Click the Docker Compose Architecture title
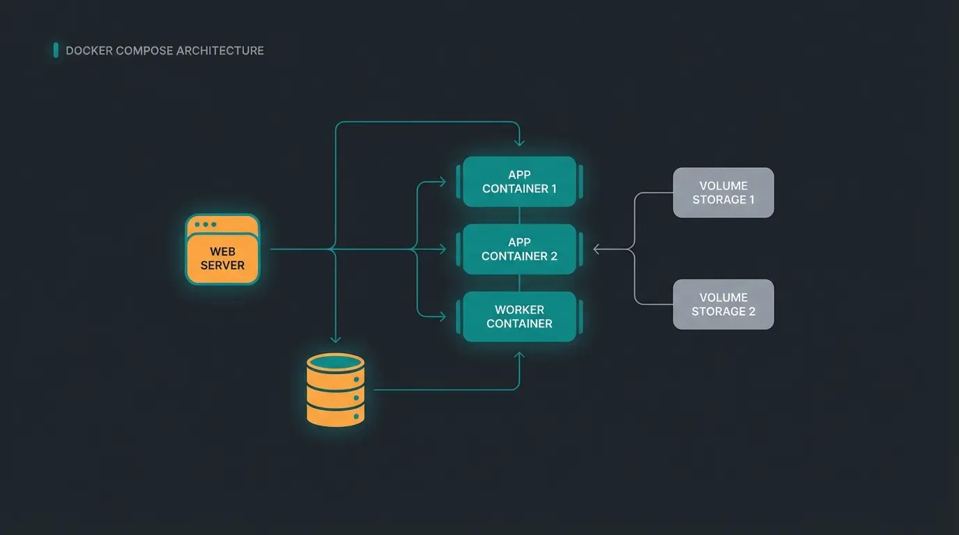[x=164, y=51]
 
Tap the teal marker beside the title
[x=56, y=50]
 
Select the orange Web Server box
[x=222, y=250]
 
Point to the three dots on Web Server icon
[x=206, y=224]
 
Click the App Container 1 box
[x=519, y=182]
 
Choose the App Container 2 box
[x=519, y=249]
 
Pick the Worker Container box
[x=519, y=317]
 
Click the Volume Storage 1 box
[x=723, y=193]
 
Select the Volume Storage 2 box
[x=723, y=304]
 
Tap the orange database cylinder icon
[x=336, y=390]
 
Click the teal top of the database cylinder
[x=336, y=362]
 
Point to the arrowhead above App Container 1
[x=519, y=142]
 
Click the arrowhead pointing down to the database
[x=335, y=339]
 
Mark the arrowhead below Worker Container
[x=519, y=356]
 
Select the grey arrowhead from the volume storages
[x=597, y=249]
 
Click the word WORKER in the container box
[x=519, y=310]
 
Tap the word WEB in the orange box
[x=222, y=251]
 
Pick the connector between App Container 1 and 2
[x=519, y=215]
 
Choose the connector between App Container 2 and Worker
[x=519, y=283]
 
